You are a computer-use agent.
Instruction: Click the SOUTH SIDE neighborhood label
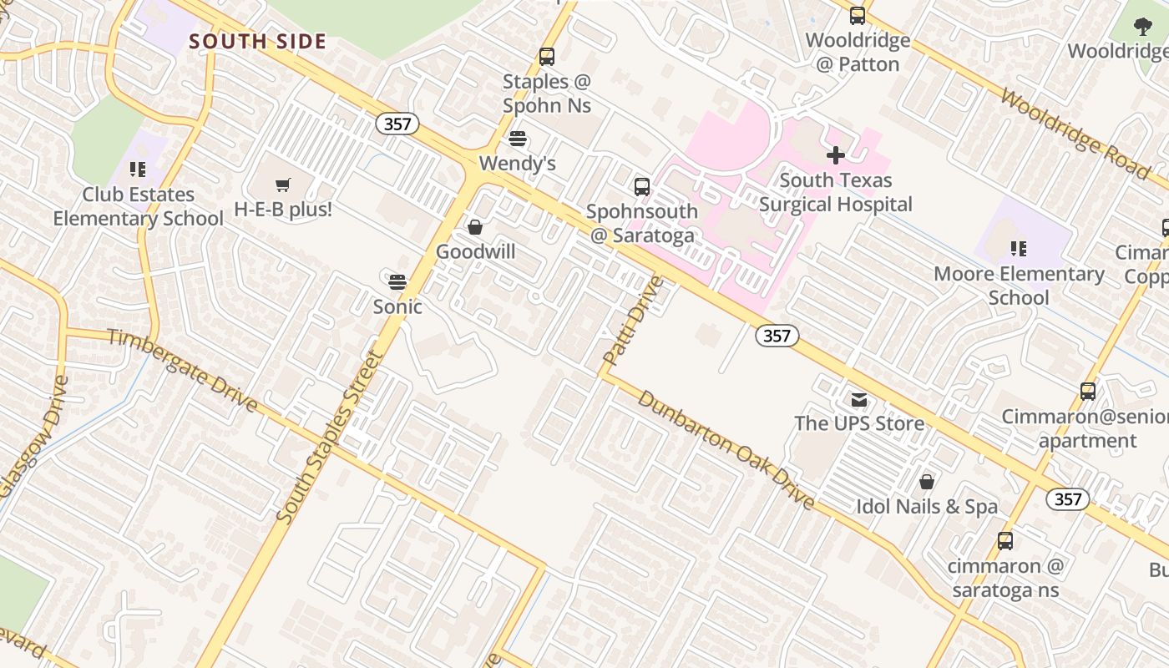click(257, 42)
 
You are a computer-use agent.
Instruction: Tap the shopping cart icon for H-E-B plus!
click(283, 185)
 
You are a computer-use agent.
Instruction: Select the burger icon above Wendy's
click(518, 139)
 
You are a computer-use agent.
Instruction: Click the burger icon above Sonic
click(397, 281)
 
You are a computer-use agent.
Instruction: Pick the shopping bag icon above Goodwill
click(475, 227)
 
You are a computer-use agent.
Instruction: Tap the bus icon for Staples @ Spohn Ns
click(547, 57)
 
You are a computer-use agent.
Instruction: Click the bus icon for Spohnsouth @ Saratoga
click(641, 187)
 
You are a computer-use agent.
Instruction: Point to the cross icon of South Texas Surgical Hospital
click(835, 155)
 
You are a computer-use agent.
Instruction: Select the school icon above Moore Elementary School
click(1018, 249)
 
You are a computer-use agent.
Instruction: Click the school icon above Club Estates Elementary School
click(138, 170)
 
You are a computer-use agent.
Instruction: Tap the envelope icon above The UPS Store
click(859, 399)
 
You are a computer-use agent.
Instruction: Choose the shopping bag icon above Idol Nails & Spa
click(926, 482)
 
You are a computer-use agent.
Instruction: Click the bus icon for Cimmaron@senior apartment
click(1087, 392)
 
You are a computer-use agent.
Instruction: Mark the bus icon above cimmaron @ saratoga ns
click(1005, 541)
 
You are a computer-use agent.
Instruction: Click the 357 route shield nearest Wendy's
click(397, 124)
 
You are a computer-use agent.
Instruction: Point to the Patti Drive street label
click(632, 321)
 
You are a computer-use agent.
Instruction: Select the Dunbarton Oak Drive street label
click(726, 449)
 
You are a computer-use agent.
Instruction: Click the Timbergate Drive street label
click(182, 370)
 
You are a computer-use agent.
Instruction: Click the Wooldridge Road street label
click(1075, 133)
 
